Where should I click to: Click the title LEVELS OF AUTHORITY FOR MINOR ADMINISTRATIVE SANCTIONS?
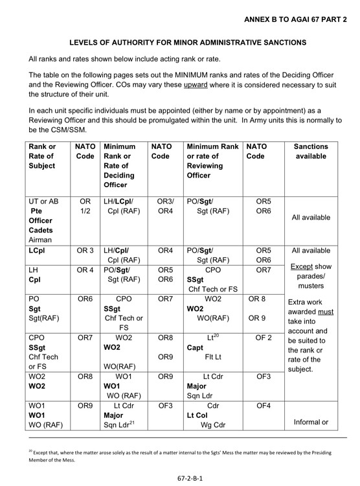179,43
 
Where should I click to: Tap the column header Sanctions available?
311,152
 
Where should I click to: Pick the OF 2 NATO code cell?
263,338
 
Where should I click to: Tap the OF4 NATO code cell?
263,406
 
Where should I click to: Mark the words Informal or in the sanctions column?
311,422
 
